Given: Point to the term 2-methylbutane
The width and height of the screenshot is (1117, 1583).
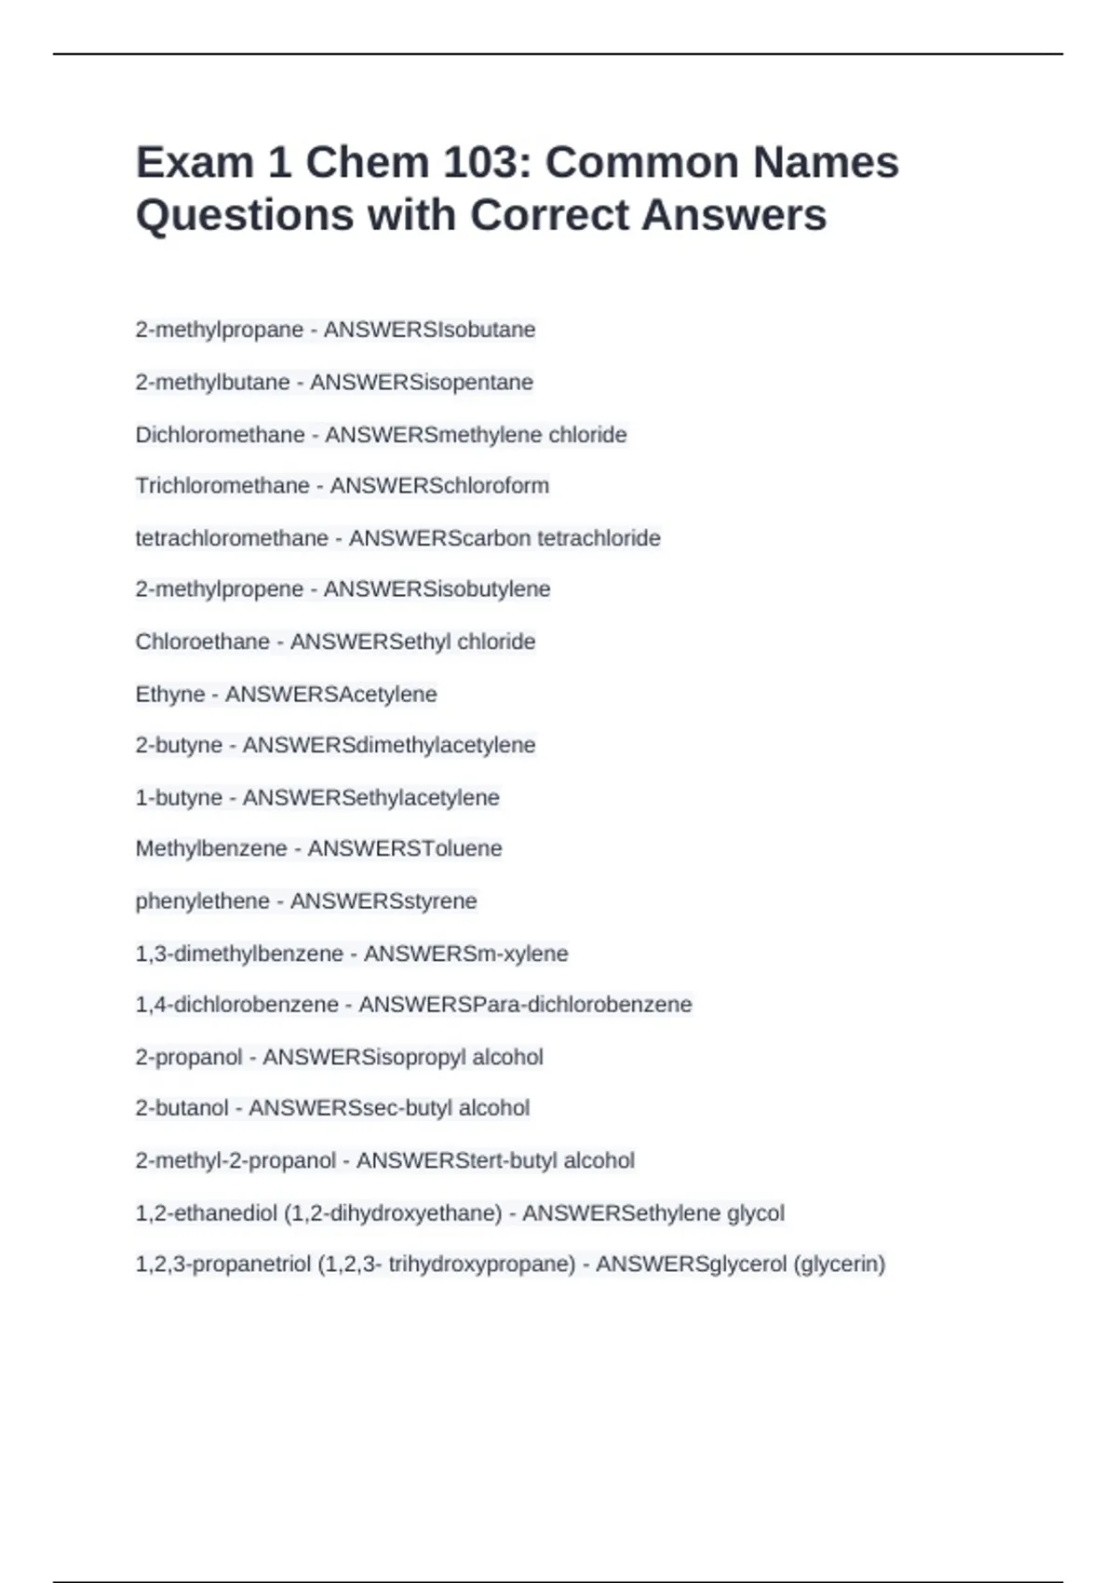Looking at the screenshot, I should pyautogui.click(x=212, y=382).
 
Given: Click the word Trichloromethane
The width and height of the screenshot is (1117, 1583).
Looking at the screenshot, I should pyautogui.click(x=222, y=485).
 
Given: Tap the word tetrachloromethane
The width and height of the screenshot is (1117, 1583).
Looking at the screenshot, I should pyautogui.click(x=232, y=538).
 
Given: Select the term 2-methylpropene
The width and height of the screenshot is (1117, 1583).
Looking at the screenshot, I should pyautogui.click(x=220, y=589).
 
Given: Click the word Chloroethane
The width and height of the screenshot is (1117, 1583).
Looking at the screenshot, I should pyautogui.click(x=202, y=642).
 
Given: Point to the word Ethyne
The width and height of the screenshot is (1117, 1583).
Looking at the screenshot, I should pyautogui.click(x=170, y=694).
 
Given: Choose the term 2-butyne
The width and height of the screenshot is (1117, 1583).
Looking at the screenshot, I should pyautogui.click(x=179, y=745).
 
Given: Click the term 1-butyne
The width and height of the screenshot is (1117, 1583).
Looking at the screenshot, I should pyautogui.click(x=179, y=797).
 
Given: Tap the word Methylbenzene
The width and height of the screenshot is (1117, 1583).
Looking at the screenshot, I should pyautogui.click(x=211, y=848).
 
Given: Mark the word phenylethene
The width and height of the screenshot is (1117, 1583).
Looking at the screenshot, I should pyautogui.click(x=202, y=900).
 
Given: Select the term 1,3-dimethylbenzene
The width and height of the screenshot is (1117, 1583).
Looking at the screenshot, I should pyautogui.click(x=239, y=954).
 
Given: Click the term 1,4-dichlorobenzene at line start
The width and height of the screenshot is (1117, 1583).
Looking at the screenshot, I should pyautogui.click(x=236, y=1004).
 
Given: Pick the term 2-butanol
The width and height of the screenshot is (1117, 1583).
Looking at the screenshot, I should pyautogui.click(x=182, y=1108).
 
